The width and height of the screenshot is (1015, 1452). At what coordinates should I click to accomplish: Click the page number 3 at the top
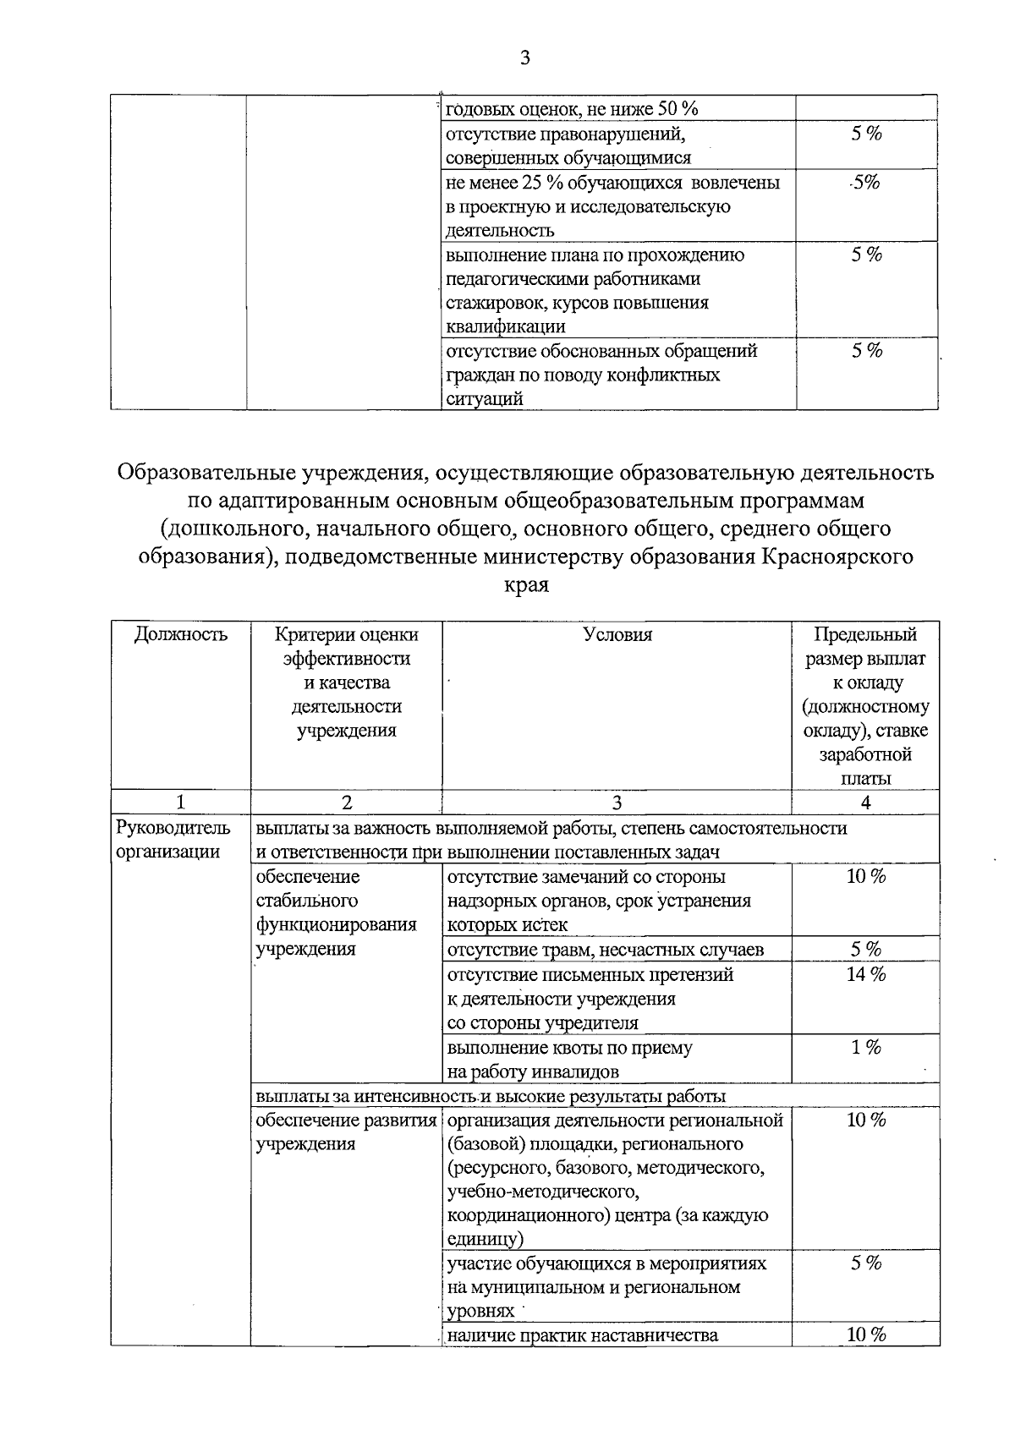524,58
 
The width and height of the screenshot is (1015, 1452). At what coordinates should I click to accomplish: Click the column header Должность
181,635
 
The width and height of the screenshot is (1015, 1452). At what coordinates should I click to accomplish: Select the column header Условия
617,635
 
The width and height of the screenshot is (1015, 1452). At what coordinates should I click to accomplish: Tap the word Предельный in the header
865,635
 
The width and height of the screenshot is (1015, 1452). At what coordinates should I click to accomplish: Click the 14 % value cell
865,974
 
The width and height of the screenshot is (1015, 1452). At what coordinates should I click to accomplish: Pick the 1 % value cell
865,1047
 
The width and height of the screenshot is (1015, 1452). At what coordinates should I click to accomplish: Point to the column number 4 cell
865,803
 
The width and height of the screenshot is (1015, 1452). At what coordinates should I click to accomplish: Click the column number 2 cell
346,803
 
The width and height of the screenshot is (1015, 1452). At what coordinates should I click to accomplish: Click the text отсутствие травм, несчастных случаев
605,950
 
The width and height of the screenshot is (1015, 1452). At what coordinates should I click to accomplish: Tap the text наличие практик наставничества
582,1335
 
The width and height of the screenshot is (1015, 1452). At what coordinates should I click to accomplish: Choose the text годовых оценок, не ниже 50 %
572,109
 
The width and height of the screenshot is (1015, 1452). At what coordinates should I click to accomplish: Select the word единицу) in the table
485,1240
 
